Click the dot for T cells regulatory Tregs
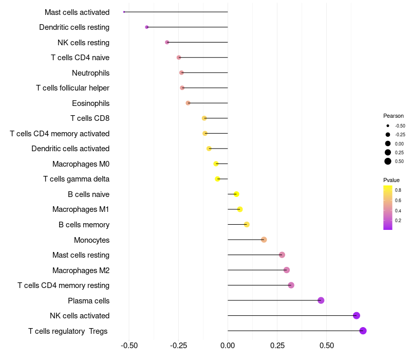click(363, 331)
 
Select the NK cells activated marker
click(357, 316)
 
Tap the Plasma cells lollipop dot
click(321, 300)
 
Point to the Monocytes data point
click(264, 240)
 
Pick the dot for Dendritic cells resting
click(147, 27)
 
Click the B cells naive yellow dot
click(236, 194)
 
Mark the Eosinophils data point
click(188, 103)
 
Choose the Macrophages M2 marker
click(287, 270)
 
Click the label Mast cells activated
click(77, 12)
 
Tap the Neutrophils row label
click(90, 73)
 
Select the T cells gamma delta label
click(76, 179)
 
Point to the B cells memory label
click(84, 225)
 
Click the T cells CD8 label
click(90, 118)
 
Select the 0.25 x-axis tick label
click(277, 345)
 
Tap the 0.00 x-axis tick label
click(228, 345)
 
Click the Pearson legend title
click(394, 116)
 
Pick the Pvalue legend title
click(391, 180)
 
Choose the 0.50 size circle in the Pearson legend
click(388, 161)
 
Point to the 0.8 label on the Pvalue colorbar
click(398, 190)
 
